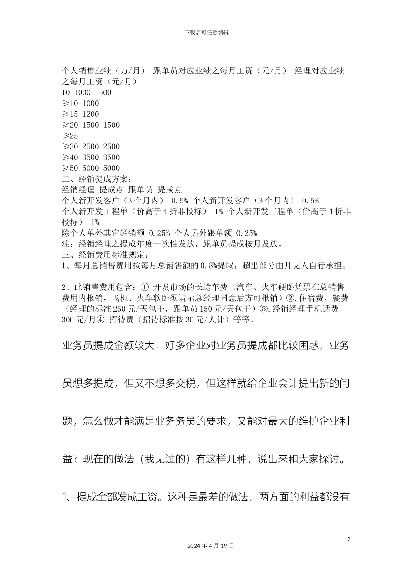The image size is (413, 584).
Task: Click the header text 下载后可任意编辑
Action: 206,33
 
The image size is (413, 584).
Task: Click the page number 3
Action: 349,539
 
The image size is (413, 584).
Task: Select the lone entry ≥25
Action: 70,136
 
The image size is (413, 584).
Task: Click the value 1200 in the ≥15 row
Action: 90,114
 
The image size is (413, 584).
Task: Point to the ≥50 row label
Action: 70,169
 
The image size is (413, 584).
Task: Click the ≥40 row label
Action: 70,158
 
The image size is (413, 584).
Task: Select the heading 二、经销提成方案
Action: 96,179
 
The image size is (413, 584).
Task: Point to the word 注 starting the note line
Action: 66,244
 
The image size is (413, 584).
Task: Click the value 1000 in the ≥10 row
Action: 90,103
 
